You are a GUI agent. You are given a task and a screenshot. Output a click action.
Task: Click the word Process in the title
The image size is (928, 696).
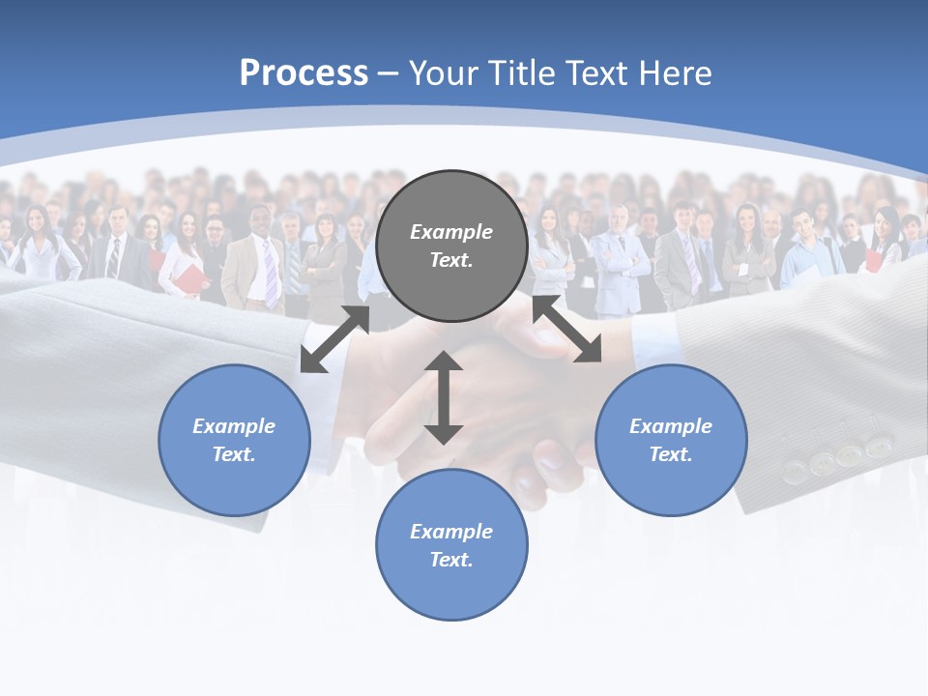[304, 72]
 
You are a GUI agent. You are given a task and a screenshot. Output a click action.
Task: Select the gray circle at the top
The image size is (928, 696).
[451, 246]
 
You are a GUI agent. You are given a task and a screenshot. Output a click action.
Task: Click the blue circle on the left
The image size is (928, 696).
[234, 440]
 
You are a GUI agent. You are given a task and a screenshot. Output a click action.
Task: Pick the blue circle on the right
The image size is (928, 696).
[671, 440]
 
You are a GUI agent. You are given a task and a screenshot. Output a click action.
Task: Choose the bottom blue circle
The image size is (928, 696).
[451, 544]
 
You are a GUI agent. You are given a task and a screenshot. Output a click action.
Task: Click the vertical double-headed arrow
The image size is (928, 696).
[444, 397]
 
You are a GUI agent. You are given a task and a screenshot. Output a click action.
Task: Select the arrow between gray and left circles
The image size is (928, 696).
[334, 339]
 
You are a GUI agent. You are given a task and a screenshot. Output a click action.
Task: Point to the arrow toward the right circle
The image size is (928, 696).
[567, 330]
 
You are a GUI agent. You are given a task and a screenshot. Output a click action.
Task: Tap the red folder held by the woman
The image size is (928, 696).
[190, 280]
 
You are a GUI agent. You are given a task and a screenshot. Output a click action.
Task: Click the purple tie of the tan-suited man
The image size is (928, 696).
[271, 274]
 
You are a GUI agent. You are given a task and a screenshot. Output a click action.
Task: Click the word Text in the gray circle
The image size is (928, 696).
[450, 260]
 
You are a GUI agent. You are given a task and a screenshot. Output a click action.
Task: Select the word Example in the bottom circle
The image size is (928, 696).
[451, 531]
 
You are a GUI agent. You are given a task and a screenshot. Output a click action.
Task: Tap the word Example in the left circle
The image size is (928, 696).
[234, 425]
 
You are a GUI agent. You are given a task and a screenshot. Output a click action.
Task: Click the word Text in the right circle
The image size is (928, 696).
[670, 454]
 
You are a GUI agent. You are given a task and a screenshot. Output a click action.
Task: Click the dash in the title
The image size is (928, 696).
[388, 73]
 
